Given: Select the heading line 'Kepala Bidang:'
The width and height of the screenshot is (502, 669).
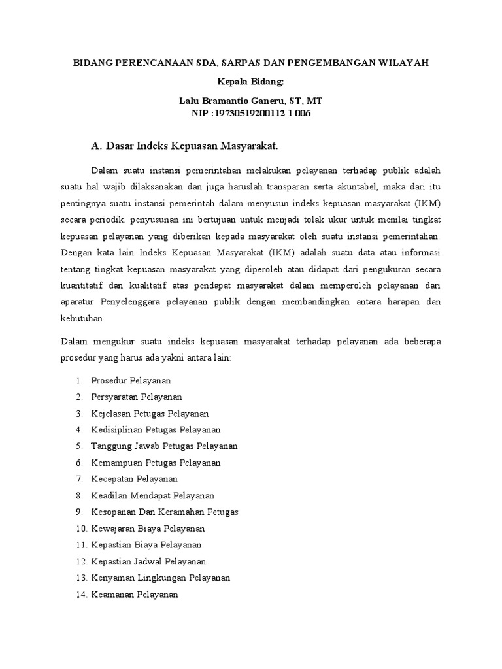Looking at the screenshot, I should pyautogui.click(x=250, y=82).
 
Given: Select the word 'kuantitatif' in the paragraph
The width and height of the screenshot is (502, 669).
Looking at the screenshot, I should pyautogui.click(x=82, y=284).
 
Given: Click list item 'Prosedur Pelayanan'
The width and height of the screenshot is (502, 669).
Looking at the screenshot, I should pyautogui.click(x=131, y=380).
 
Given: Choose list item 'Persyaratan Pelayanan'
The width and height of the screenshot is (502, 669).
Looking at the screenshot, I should pyautogui.click(x=137, y=397).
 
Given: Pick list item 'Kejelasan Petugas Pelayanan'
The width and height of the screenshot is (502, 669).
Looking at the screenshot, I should pyautogui.click(x=150, y=414).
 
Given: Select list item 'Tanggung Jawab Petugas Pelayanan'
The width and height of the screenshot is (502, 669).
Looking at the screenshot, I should pyautogui.click(x=164, y=446).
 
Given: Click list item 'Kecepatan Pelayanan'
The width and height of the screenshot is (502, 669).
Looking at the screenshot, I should pyautogui.click(x=135, y=479).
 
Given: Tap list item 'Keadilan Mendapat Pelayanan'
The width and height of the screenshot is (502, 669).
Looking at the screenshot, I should pyautogui.click(x=153, y=496).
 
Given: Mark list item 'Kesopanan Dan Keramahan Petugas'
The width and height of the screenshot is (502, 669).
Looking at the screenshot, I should pyautogui.click(x=165, y=512).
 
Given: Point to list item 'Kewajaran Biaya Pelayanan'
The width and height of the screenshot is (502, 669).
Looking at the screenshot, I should pyautogui.click(x=148, y=529).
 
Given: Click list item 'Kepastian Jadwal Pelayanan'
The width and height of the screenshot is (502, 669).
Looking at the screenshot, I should pyautogui.click(x=148, y=561).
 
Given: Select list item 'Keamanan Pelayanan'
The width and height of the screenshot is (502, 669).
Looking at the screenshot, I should pyautogui.click(x=135, y=595).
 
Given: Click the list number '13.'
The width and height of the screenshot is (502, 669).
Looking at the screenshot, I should pyautogui.click(x=81, y=578).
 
